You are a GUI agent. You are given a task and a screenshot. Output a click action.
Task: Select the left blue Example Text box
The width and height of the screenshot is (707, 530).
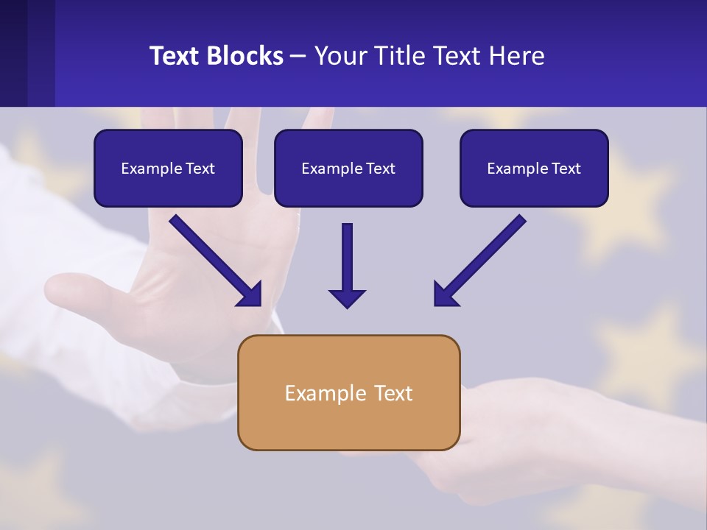coord(168,168)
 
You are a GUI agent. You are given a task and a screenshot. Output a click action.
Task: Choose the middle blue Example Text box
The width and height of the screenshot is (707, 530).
coord(348,168)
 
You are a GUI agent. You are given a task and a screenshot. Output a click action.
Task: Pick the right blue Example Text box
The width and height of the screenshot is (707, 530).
coord(534,168)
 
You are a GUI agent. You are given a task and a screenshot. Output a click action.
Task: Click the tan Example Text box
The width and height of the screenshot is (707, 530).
coord(348,392)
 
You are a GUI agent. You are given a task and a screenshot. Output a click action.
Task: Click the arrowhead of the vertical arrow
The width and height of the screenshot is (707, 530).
coord(347,298)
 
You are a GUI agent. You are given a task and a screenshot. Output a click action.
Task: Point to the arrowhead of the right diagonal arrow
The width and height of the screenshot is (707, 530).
coord(445,294)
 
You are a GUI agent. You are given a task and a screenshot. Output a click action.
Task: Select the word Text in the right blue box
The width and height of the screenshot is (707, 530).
coord(566,169)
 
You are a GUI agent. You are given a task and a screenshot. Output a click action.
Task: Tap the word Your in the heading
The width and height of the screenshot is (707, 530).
coord(339,56)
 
